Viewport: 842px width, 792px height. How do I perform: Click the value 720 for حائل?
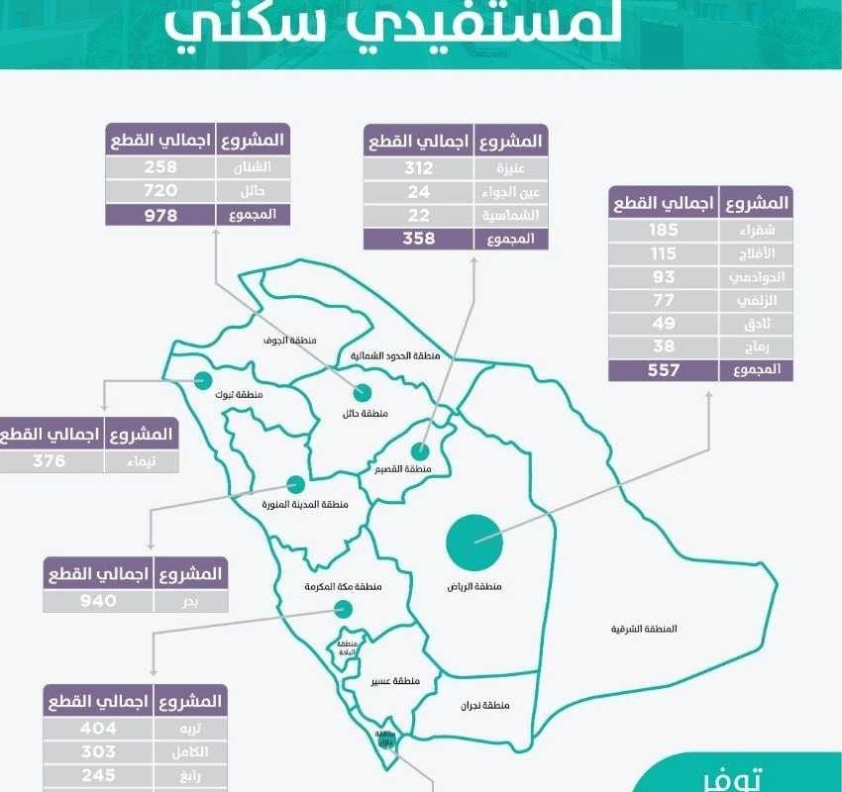coord(160,190)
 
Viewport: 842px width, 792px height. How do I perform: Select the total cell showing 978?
coord(160,214)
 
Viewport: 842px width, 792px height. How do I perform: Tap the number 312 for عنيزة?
coord(419,167)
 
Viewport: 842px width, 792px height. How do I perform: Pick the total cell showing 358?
coord(419,239)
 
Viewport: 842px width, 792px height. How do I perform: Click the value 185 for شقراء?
coord(664,229)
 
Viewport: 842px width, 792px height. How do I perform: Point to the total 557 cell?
coord(664,370)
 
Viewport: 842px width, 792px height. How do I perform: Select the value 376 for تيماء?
coord(49,460)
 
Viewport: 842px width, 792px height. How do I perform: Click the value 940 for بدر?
coord(99,600)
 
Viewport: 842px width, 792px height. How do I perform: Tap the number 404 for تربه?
coord(99,727)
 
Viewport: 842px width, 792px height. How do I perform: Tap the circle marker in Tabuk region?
coord(203,379)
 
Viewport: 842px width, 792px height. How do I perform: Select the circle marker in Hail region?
coord(363,393)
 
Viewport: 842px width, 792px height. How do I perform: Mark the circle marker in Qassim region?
coord(420,451)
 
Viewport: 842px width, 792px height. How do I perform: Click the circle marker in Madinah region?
coord(294,484)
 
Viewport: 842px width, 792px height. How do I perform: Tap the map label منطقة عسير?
coord(395,681)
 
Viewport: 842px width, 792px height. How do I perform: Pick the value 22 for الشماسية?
coord(419,215)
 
